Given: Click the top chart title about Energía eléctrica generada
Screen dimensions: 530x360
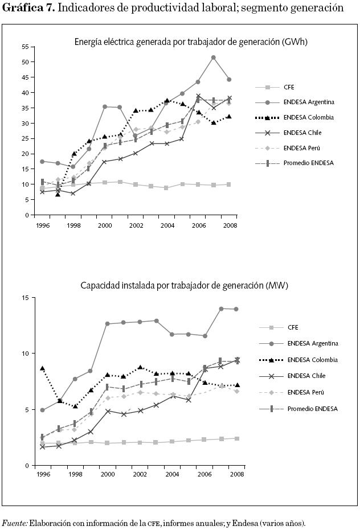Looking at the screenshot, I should click(x=191, y=42).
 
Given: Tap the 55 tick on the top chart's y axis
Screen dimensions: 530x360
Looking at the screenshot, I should click(x=26, y=46).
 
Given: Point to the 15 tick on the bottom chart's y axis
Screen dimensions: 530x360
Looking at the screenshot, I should click(x=26, y=298).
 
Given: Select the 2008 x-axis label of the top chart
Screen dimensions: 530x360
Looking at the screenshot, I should click(x=229, y=225).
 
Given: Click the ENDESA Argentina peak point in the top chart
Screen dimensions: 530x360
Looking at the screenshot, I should click(x=214, y=57).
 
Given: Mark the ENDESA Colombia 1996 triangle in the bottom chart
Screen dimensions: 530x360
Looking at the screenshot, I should click(x=42, y=369).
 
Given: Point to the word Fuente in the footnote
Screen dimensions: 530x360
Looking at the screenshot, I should click(x=15, y=523).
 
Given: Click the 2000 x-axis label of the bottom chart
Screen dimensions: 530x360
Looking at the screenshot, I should click(x=107, y=475).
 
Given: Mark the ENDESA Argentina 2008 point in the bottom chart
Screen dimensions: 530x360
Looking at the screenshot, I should click(x=236, y=309).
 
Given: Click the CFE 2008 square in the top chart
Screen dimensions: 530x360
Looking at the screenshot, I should click(x=229, y=184).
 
